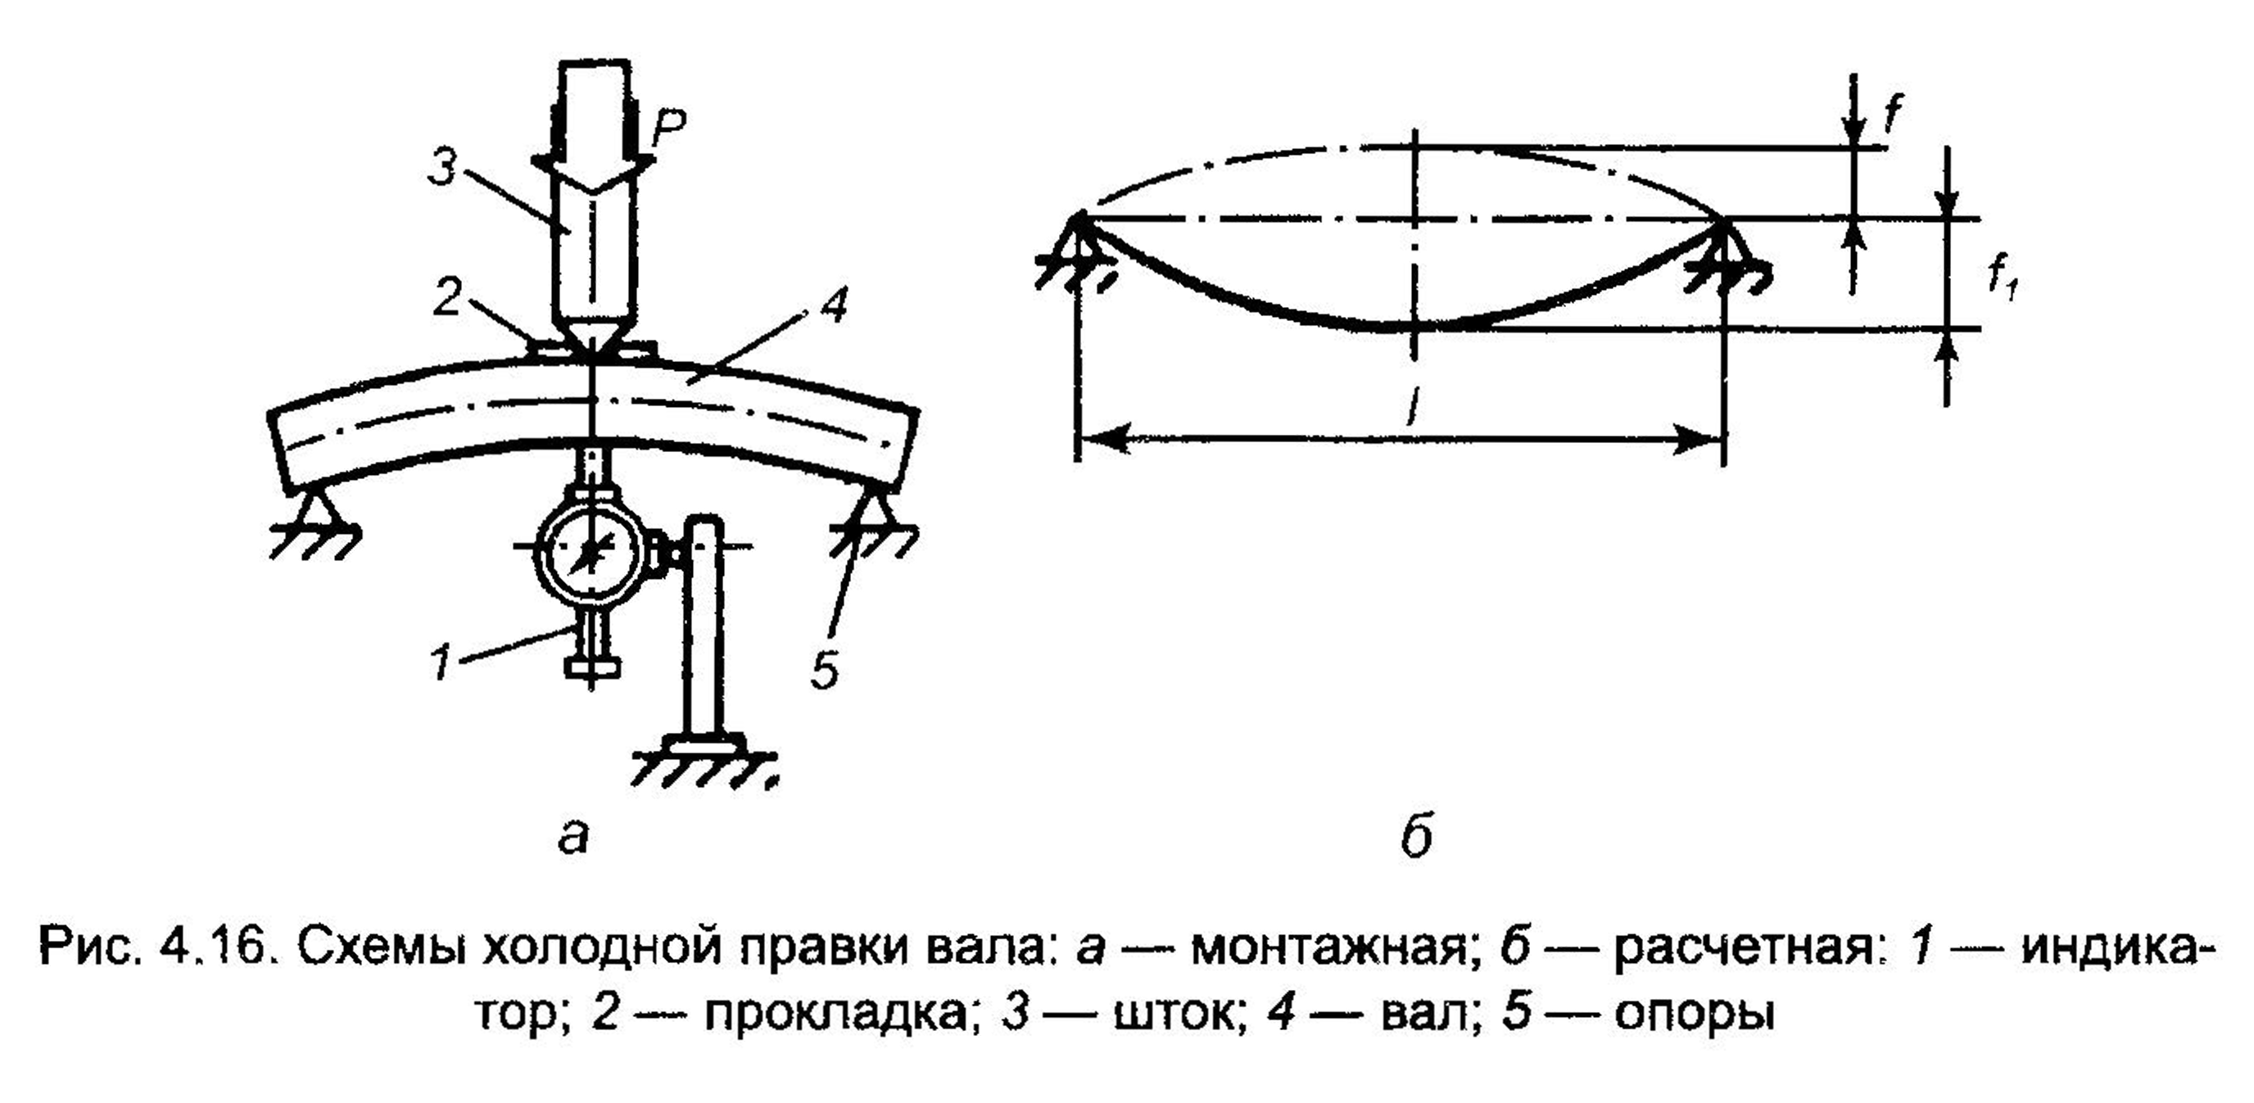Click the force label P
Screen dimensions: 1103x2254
[668, 129]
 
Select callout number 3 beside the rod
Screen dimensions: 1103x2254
[444, 166]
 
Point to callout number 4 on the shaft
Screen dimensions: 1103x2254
[835, 306]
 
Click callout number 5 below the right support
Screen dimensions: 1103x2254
[823, 671]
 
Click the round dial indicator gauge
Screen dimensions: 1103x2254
[591, 552]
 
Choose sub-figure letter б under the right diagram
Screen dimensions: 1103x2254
[1414, 836]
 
